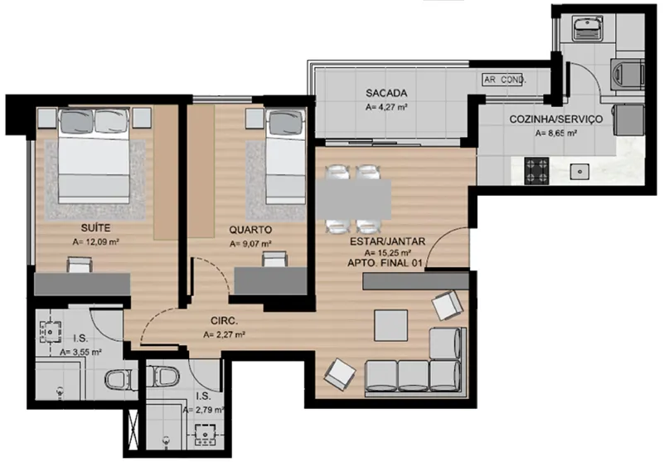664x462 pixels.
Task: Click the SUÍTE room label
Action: point(95,228)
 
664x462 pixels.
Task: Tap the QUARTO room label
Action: point(250,230)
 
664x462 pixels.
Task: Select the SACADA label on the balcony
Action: point(386,93)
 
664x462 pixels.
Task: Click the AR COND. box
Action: point(504,80)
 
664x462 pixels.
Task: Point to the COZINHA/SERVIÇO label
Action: point(555,119)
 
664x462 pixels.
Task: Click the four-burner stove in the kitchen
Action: point(536,170)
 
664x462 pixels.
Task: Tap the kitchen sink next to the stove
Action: point(579,171)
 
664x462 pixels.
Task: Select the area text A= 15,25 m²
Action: point(388,253)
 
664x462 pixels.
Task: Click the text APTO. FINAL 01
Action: point(385,263)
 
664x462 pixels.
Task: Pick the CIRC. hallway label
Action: point(225,321)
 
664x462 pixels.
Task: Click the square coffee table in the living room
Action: point(391,325)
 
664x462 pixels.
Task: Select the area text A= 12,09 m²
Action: point(95,242)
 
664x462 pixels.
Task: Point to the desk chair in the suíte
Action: point(80,264)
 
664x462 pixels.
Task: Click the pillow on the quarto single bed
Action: point(286,121)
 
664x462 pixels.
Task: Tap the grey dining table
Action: point(353,199)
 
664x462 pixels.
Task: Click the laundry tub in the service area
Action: point(588,27)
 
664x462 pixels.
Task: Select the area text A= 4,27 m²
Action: point(386,108)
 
